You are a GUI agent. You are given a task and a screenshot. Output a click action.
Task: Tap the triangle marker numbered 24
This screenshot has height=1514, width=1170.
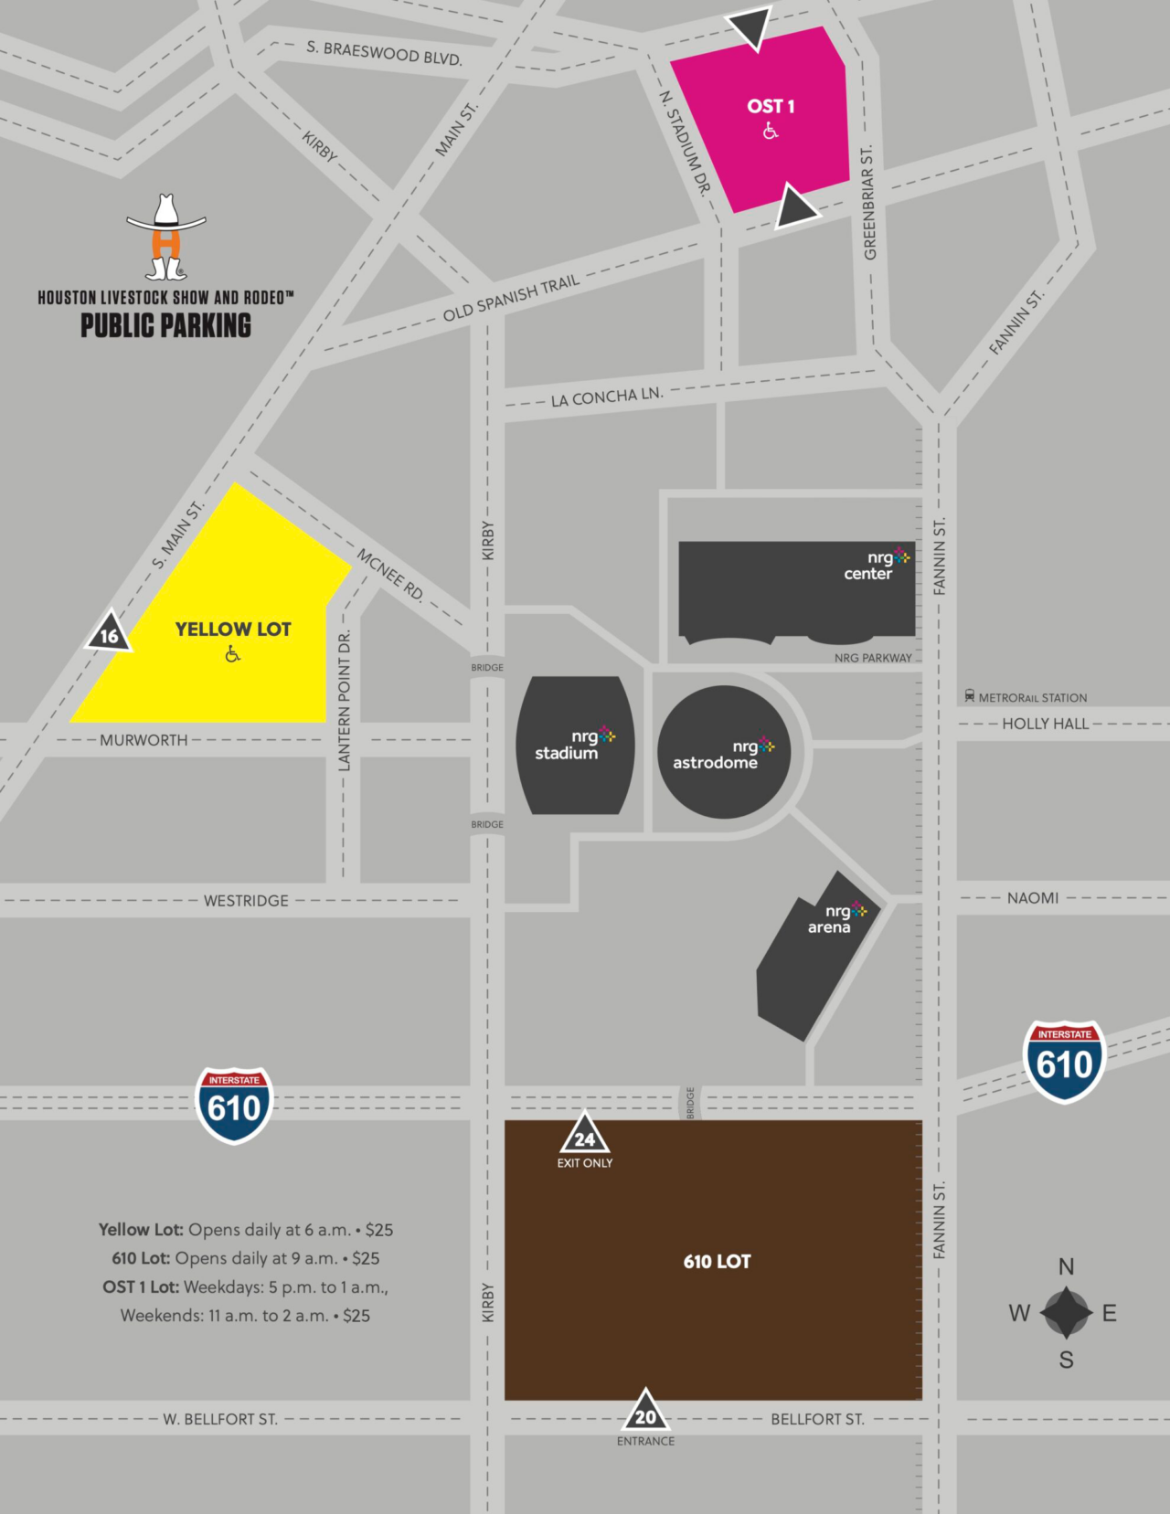585,1137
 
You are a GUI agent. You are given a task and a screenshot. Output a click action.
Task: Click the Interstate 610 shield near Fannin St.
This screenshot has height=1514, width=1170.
1064,1062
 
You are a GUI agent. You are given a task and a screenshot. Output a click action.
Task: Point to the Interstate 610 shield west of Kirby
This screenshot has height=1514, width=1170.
234,1105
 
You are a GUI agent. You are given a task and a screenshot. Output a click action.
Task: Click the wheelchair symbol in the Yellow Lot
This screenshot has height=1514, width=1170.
233,653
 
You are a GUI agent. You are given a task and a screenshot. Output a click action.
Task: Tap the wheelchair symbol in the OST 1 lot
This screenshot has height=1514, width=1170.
771,132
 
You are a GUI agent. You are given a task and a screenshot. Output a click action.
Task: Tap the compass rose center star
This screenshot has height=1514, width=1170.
1066,1312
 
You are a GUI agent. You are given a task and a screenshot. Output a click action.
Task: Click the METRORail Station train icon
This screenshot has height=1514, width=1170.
969,696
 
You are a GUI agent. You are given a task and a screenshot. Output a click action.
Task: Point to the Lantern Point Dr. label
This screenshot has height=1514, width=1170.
345,701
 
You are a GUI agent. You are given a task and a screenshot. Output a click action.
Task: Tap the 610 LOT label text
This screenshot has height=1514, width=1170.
717,1262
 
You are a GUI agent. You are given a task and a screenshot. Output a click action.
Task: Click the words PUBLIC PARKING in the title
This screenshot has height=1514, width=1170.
165,326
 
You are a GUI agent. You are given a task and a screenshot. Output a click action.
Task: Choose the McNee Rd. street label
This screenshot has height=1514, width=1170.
390,575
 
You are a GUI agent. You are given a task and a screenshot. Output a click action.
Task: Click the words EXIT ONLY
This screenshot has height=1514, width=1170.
585,1163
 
